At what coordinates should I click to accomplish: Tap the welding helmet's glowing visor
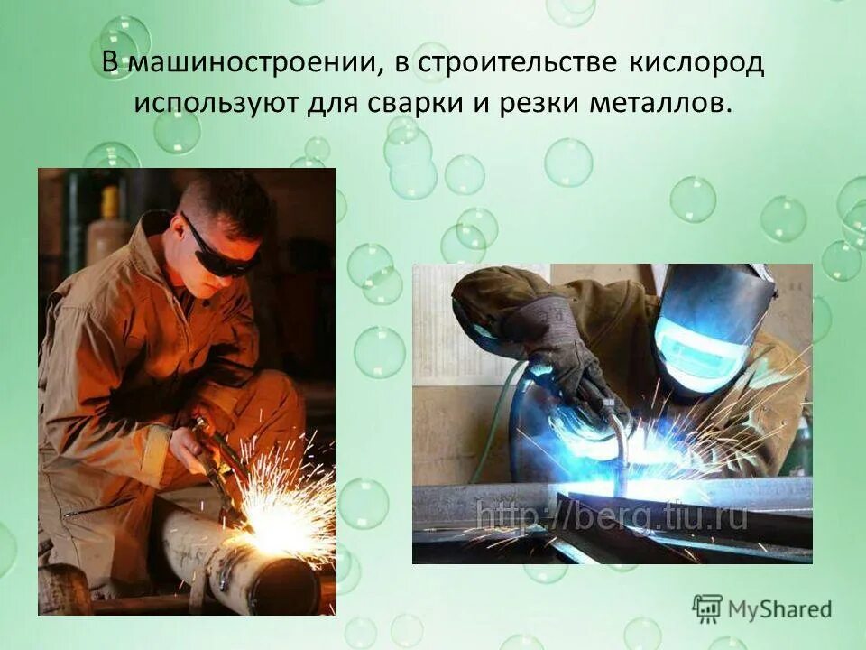pos(696,342)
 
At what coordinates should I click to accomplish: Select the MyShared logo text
pos(780,609)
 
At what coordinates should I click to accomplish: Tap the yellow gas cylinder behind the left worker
pos(109,226)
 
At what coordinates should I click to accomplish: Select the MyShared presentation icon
pos(707,608)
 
